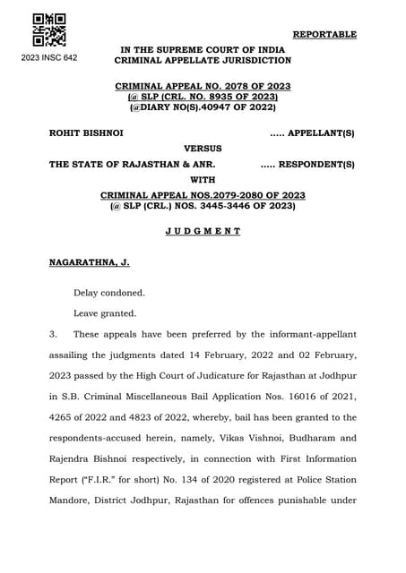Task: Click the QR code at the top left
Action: (48, 30)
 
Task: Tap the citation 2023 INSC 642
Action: (48, 57)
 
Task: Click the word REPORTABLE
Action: (324, 34)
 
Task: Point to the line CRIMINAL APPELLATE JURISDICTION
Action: (203, 60)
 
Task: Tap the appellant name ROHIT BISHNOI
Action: (86, 133)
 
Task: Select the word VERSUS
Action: (203, 148)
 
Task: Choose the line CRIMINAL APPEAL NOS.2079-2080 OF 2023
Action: (203, 194)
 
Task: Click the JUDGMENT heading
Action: (203, 231)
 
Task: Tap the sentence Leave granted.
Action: (105, 313)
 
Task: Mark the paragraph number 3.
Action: (53, 334)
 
